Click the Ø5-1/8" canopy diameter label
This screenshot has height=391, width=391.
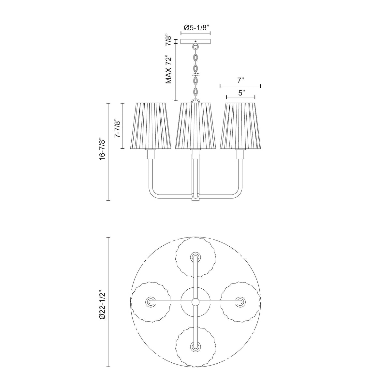pos(195,28)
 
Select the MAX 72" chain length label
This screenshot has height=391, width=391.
pos(168,69)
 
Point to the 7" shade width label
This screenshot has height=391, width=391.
pos(240,80)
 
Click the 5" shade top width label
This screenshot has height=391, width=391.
pos(241,93)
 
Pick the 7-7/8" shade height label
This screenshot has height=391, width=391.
pos(118,128)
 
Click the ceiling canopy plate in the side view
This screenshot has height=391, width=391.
pos(195,41)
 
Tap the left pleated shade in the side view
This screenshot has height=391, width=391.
pos(150,125)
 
